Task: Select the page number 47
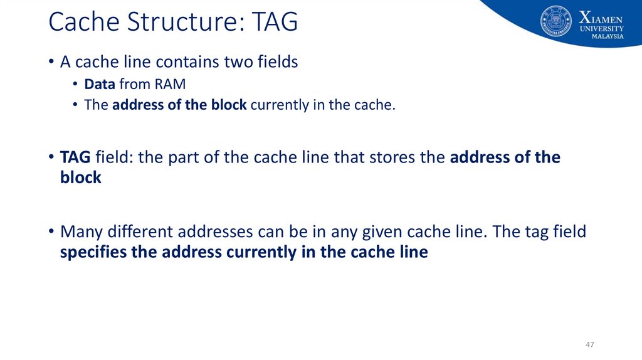(x=589, y=345)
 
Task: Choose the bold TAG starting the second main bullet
(x=75, y=157)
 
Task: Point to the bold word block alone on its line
(x=80, y=177)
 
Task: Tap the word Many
(x=84, y=232)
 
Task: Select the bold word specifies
(x=91, y=253)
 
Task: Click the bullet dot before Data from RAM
(x=75, y=85)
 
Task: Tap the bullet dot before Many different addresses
(x=50, y=233)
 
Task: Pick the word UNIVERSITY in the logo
(x=602, y=28)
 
